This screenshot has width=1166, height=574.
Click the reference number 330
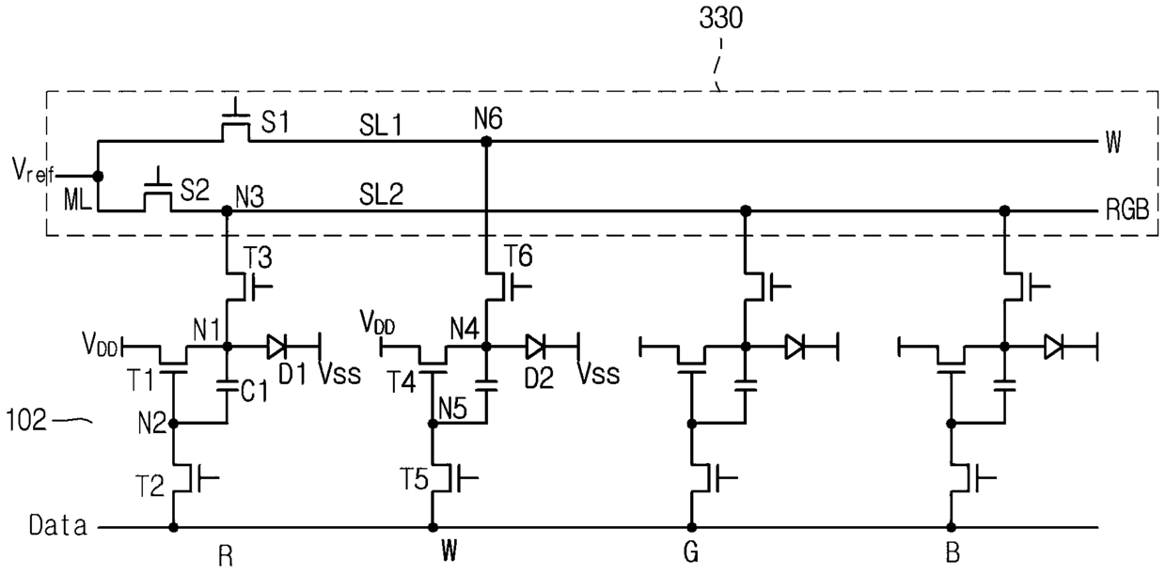[x=720, y=19]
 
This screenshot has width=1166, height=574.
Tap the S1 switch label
[x=275, y=123]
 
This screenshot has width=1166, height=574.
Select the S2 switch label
[x=195, y=191]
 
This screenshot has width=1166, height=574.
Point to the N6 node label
[x=488, y=119]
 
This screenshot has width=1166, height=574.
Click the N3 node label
[x=250, y=197]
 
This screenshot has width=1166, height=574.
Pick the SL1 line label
[x=381, y=125]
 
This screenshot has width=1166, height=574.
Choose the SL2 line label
[x=381, y=194]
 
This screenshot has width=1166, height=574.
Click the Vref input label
[x=33, y=172]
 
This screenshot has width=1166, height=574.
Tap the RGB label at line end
[x=1127, y=210]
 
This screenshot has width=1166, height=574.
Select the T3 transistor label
[x=258, y=257]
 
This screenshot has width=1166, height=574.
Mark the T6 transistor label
[x=518, y=256]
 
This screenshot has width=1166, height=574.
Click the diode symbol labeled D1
[x=276, y=347]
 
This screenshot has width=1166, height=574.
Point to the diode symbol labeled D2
[x=535, y=347]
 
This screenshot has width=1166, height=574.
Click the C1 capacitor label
[x=255, y=391]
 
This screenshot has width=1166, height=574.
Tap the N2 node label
[x=152, y=425]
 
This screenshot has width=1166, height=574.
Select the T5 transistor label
[x=414, y=479]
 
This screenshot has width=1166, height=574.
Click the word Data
[x=57, y=525]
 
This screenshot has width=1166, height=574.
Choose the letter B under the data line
[x=953, y=553]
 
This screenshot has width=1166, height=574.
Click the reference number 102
[x=26, y=420]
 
